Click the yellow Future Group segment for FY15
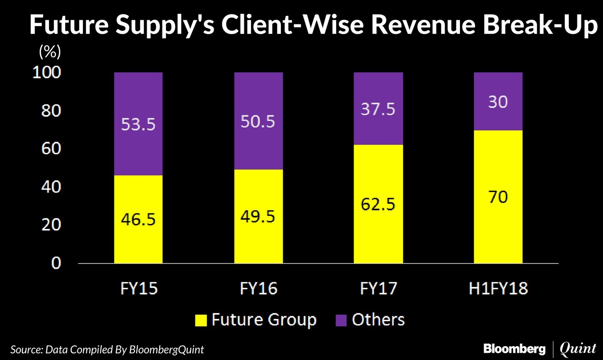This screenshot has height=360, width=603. pyautogui.click(x=138, y=219)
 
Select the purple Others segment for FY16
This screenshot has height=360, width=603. pyautogui.click(x=258, y=121)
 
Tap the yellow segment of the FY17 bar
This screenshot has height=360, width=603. pyautogui.click(x=378, y=204)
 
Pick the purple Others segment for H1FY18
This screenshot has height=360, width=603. pyautogui.click(x=498, y=101)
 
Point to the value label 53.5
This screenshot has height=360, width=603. pyautogui.click(x=138, y=124)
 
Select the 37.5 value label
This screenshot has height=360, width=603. pyautogui.click(x=378, y=109)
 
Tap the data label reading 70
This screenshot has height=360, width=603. pyautogui.click(x=498, y=197)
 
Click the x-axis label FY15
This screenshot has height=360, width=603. pyautogui.click(x=138, y=288)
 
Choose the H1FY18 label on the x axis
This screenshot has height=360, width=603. pyautogui.click(x=498, y=288)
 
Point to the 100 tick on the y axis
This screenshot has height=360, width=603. pyautogui.click(x=47, y=73)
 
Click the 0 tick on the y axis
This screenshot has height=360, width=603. pyautogui.click(x=56, y=263)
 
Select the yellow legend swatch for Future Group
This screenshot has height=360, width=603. pyautogui.click(x=201, y=320)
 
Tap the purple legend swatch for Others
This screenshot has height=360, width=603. pyautogui.click(x=342, y=320)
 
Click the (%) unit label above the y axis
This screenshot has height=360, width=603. pyautogui.click(x=49, y=52)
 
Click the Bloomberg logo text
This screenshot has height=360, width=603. pyautogui.click(x=513, y=348)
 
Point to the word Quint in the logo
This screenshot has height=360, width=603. pyautogui.click(x=578, y=348)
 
